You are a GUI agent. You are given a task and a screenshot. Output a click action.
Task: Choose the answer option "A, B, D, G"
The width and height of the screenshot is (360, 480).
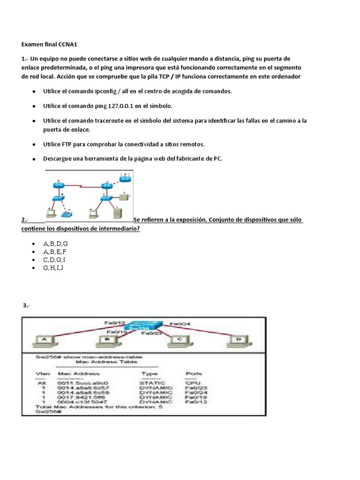click(x=56, y=244)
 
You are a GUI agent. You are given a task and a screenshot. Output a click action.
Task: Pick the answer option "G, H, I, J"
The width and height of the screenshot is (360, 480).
click(x=53, y=268)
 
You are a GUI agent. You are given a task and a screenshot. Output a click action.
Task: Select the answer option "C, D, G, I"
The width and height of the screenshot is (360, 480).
click(x=54, y=260)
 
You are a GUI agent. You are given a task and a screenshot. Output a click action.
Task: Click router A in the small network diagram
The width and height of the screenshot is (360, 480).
click(x=59, y=185)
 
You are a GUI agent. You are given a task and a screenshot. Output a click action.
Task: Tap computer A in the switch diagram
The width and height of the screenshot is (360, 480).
click(x=45, y=340)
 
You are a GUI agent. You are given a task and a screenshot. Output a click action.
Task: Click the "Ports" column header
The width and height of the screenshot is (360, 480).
click(x=195, y=374)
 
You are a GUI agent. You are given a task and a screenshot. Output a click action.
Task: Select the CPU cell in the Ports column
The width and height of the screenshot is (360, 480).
click(x=191, y=382)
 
